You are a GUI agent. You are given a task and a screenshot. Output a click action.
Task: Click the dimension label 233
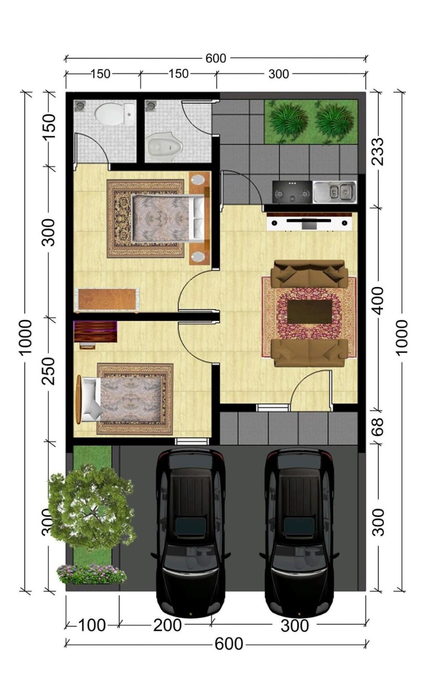click(377, 151)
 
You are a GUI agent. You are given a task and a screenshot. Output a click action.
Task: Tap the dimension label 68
click(377, 427)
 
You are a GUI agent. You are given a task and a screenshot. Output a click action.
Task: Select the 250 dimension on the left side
click(49, 371)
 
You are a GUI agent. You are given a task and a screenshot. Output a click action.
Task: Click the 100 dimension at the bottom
click(92, 625)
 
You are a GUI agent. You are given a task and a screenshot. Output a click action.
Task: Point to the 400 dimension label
click(377, 300)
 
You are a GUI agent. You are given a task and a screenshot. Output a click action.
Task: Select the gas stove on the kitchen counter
click(292, 192)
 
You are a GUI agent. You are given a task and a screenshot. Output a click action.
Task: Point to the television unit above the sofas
click(309, 222)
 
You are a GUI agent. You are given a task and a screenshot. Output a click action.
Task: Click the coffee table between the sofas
click(309, 312)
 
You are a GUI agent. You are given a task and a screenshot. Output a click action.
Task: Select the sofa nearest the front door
click(309, 352)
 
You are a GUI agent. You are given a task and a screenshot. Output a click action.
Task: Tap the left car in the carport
click(191, 531)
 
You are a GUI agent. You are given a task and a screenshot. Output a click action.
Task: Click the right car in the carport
click(299, 531)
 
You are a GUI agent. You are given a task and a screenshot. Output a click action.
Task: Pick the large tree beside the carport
click(91, 507)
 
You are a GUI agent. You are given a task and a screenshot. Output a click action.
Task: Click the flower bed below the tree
click(91, 574)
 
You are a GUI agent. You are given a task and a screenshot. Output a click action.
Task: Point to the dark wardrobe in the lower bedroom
click(95, 331)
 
